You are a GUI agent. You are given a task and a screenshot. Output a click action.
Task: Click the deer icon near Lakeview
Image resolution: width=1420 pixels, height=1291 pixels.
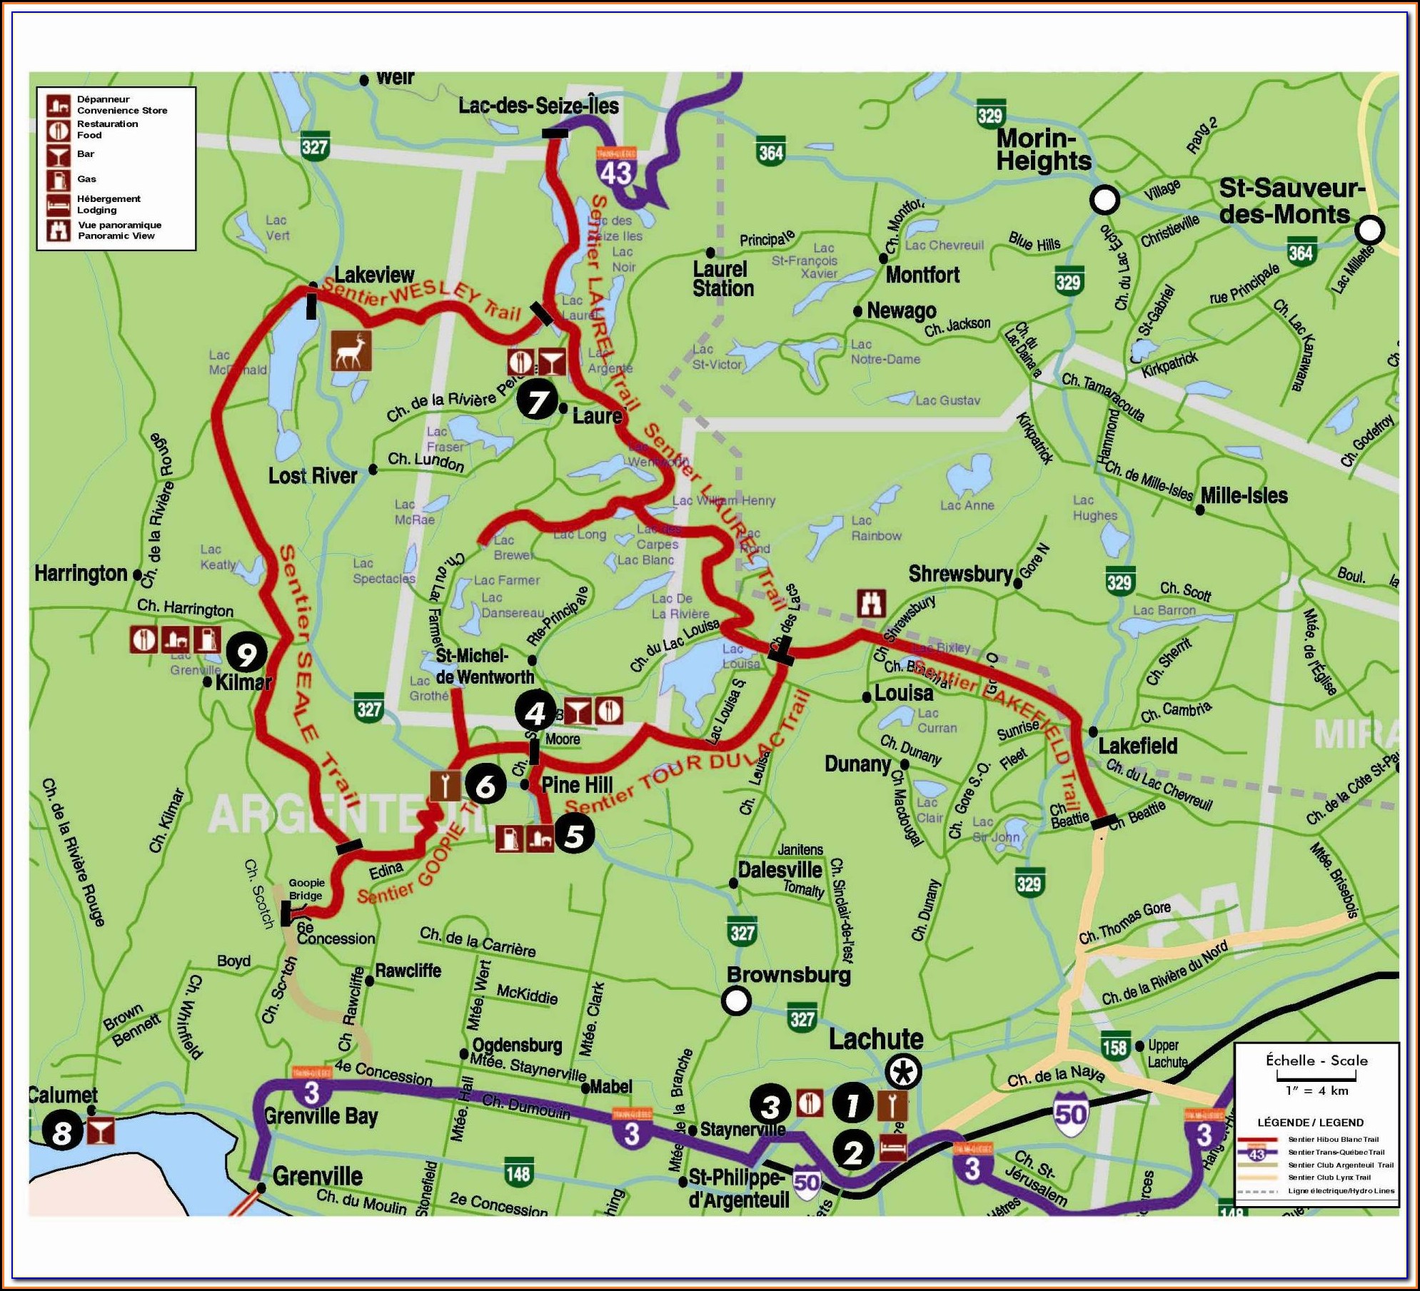351,350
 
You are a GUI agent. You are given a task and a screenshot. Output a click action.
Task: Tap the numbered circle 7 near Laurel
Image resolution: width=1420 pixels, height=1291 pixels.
537,401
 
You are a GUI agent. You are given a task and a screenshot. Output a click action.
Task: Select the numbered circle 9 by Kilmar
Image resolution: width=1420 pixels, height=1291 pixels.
246,652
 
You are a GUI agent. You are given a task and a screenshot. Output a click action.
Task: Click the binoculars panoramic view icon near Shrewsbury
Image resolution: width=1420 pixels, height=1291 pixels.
871,603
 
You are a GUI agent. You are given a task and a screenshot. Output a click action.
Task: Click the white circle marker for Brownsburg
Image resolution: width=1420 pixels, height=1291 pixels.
736,1000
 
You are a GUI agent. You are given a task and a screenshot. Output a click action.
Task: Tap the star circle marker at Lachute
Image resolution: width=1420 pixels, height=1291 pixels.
903,1071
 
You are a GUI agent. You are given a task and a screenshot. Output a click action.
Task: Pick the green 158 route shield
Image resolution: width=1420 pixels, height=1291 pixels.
1114,1047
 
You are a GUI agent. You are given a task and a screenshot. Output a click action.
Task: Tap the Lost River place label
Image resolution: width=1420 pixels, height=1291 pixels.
313,476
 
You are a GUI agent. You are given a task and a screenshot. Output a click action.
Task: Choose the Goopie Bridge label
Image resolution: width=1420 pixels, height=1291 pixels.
306,889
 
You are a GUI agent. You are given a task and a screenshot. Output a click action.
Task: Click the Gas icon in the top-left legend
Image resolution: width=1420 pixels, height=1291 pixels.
59,179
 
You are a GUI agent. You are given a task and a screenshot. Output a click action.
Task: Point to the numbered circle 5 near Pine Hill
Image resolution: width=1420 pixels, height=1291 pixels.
575,836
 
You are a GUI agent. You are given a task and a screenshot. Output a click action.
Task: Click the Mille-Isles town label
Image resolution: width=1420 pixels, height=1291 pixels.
1244,496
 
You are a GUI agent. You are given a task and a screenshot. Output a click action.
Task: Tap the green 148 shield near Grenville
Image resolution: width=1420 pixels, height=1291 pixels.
518,1173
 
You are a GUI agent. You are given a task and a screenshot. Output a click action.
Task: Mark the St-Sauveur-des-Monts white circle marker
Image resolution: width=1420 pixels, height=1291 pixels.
1369,230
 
